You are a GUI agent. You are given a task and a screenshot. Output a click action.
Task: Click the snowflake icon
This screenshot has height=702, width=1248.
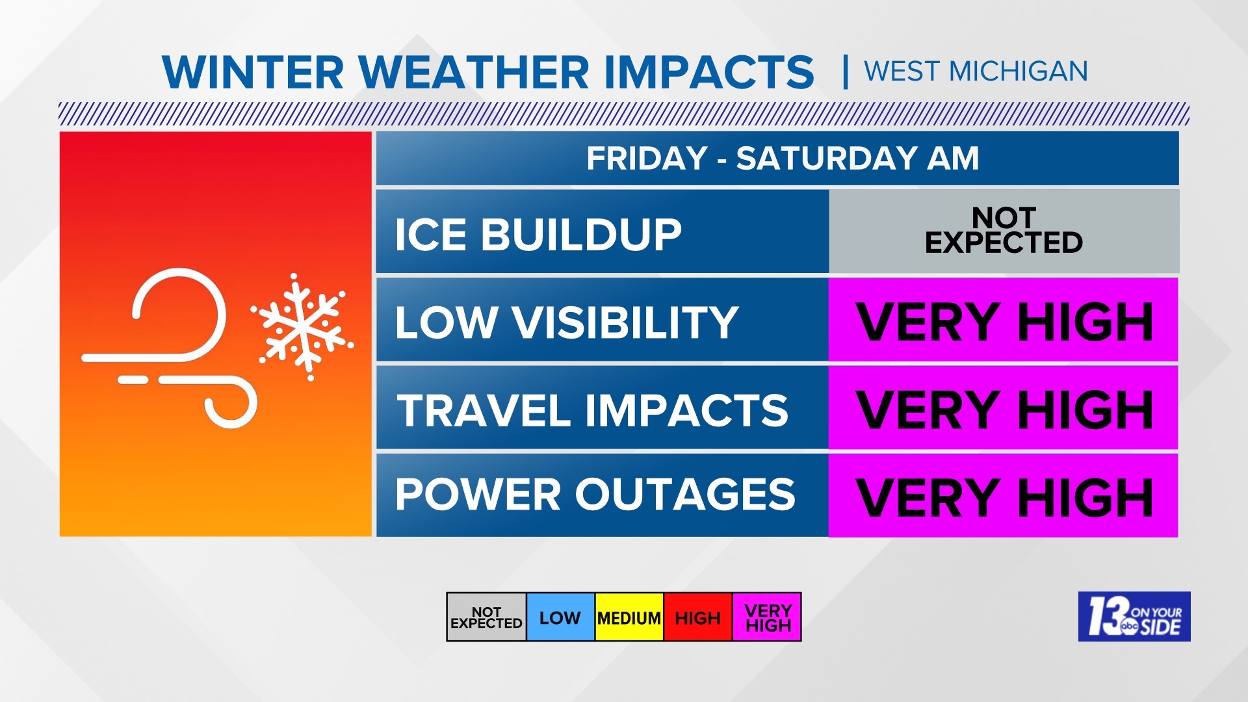pyautogui.click(x=302, y=327)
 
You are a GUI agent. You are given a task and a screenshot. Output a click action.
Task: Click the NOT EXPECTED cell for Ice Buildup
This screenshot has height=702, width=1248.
pyautogui.click(x=1004, y=231)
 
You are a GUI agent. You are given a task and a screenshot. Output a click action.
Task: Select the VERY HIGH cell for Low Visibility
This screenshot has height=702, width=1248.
pyautogui.click(x=1003, y=320)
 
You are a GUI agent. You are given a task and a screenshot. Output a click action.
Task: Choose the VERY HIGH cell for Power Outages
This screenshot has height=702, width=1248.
pyautogui.click(x=1003, y=495)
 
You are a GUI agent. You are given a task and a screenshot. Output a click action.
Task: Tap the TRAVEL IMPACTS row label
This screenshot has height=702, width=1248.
pyautogui.click(x=592, y=410)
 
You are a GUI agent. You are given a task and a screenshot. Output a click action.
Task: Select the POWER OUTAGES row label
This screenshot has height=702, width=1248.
pyautogui.click(x=595, y=495)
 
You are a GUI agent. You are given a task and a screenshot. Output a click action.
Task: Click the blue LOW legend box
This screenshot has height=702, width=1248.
pyautogui.click(x=560, y=617)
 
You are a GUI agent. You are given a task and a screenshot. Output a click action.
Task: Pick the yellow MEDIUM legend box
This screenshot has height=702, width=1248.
pyautogui.click(x=629, y=617)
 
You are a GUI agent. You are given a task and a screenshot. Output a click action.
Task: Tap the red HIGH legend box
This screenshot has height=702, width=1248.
pyautogui.click(x=697, y=617)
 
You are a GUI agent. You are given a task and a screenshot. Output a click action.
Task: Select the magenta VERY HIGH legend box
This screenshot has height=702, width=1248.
pyautogui.click(x=768, y=617)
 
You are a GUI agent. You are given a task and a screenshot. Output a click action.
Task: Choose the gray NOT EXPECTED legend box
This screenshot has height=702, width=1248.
pyautogui.click(x=486, y=617)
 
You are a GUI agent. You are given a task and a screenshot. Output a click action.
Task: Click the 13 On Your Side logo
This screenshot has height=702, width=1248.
pyautogui.click(x=1134, y=616)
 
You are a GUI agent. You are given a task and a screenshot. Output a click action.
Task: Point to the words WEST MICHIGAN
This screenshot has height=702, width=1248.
pyautogui.click(x=975, y=71)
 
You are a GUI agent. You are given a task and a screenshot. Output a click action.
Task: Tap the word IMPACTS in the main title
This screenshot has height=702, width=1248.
pyautogui.click(x=708, y=72)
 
